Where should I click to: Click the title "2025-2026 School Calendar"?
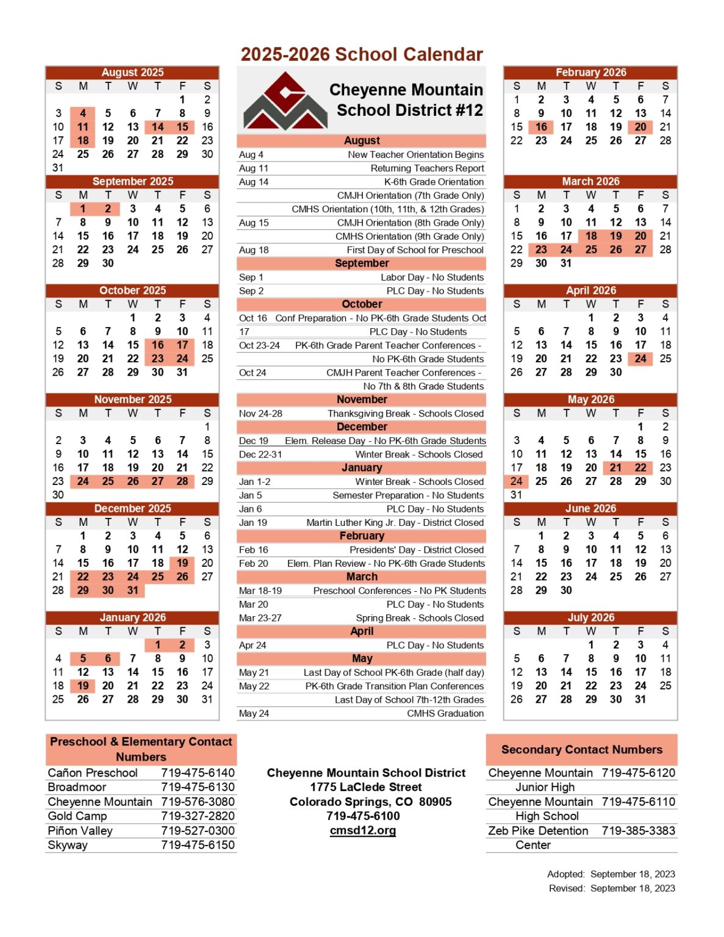(362, 54)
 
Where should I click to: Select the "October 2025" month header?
(132, 290)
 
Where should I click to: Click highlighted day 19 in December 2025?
(182, 563)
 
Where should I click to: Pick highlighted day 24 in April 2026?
(640, 359)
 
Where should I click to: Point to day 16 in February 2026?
(542, 127)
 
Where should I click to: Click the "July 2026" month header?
(590, 617)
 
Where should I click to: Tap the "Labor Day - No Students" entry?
(432, 277)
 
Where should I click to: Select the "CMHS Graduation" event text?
(445, 713)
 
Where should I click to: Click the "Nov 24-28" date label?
(260, 413)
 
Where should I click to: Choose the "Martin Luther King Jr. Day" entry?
(395, 522)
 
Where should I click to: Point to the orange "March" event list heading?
(362, 576)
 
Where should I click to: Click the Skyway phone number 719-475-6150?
(198, 845)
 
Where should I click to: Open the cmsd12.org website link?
(363, 830)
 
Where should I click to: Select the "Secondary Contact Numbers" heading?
(581, 749)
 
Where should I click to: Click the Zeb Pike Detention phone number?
(638, 830)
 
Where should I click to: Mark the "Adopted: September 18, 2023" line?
(611, 874)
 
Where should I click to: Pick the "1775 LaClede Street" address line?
(366, 787)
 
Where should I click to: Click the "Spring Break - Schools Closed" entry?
(420, 618)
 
